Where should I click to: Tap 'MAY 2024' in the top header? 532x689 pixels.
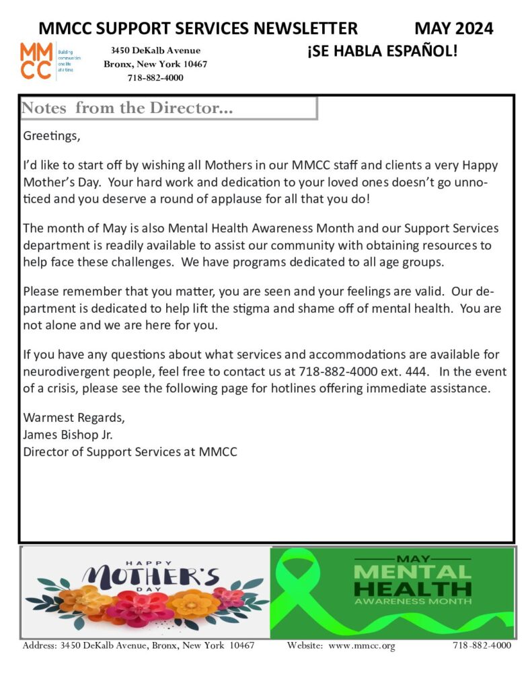coord(453,28)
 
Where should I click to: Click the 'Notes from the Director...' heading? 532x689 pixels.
coord(127,108)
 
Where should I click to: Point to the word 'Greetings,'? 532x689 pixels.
coord(51,136)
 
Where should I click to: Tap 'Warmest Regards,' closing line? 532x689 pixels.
coord(74,416)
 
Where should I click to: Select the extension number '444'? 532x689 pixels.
coord(416,371)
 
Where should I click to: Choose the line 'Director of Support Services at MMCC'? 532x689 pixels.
coord(130,451)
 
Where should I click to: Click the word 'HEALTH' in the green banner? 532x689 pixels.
coord(412,589)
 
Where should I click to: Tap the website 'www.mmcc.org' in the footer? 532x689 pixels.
coord(362,646)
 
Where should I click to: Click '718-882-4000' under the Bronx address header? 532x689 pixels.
coord(155,77)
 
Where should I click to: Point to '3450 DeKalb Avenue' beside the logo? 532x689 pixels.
coord(155,50)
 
